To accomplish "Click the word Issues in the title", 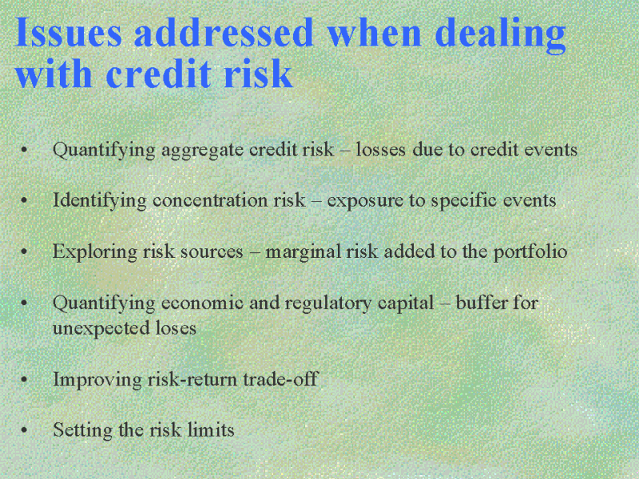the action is (68, 32).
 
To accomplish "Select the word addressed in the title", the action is (224, 32).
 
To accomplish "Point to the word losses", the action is (381, 149).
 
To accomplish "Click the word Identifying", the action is (100, 201).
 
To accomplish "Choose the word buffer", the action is (482, 303).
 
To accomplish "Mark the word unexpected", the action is (101, 329).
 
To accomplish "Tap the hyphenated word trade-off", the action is (280, 379).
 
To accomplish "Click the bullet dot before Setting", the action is (24, 430).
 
